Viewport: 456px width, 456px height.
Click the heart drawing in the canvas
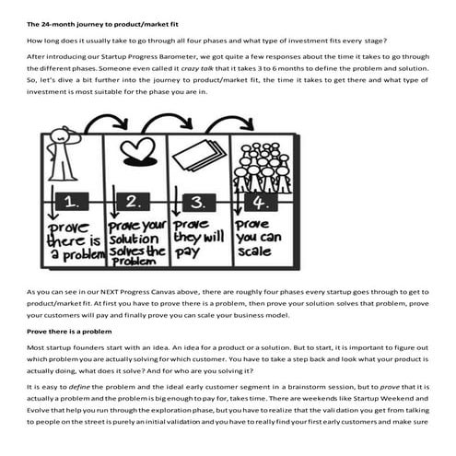pyautogui.click(x=137, y=151)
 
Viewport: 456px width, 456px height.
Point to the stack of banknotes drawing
pyautogui.click(x=200, y=158)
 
